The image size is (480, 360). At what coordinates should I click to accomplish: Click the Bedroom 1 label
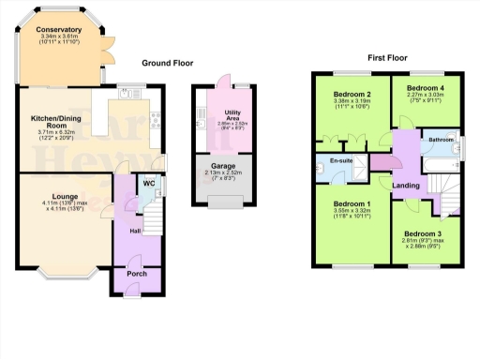[352, 203]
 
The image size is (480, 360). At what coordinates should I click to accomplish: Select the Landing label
[405, 184]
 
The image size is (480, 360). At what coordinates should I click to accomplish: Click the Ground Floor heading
[167, 64]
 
